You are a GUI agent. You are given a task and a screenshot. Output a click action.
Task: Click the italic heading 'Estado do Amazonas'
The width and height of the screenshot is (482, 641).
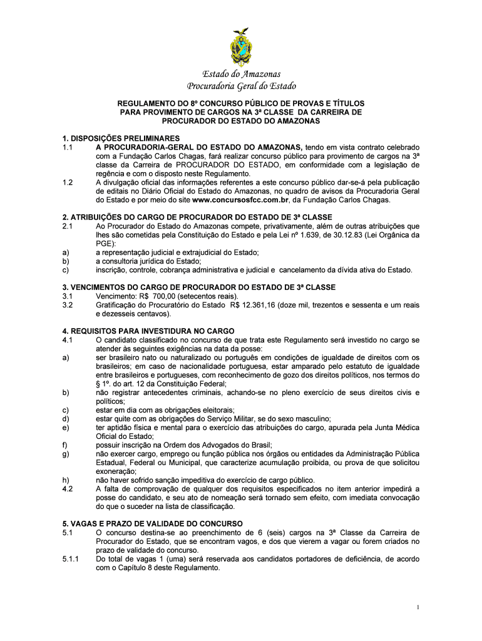[x=241, y=74]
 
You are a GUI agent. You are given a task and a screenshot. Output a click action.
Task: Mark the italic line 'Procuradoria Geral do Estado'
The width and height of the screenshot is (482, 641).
[x=241, y=86]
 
